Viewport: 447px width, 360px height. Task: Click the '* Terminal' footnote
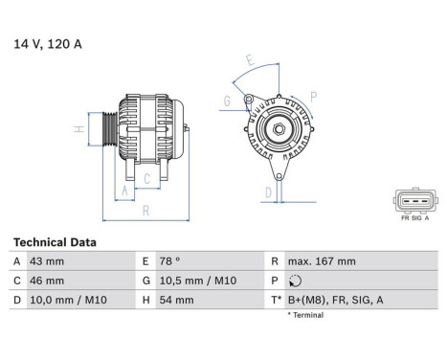[303, 314]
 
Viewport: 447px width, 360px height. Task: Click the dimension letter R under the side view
[145, 209]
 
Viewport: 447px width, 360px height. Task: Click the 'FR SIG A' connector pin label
[414, 219]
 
